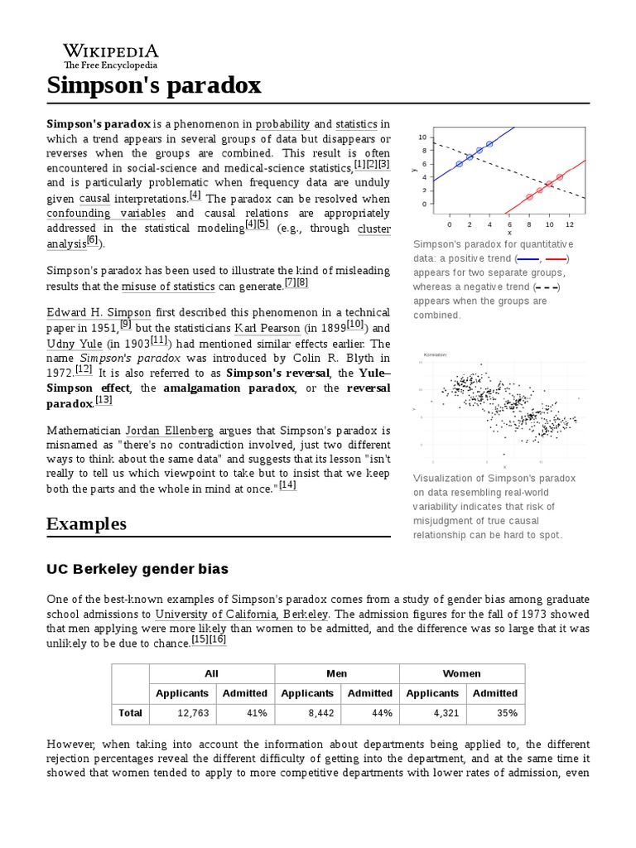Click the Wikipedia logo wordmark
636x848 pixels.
point(111,51)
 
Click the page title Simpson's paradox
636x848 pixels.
point(154,84)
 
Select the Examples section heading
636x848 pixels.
point(86,523)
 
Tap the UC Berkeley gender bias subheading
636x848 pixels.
point(137,569)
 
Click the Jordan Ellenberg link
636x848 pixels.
point(169,431)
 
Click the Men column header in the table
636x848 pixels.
point(336,673)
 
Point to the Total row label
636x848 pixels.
point(130,713)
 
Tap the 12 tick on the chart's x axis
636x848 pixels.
point(570,224)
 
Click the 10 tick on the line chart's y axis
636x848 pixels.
point(422,137)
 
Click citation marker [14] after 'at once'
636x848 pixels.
point(287,485)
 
